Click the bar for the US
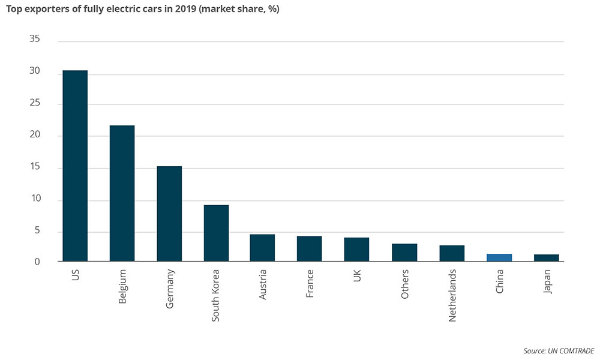click(75, 166)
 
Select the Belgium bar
click(122, 193)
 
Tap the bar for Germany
click(169, 214)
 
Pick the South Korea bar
click(216, 233)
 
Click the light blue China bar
click(499, 258)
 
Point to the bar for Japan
click(547, 258)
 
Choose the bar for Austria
click(262, 248)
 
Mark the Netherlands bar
click(452, 253)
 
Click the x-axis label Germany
click(169, 289)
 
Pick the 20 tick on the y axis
click(34, 135)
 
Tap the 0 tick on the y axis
click(37, 262)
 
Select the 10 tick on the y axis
click(34, 199)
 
